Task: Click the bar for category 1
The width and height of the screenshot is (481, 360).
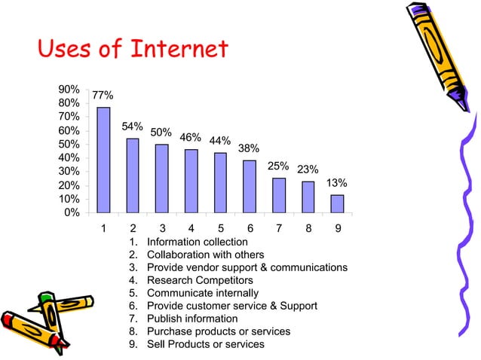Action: pyautogui.click(x=103, y=160)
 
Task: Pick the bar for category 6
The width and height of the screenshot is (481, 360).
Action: pyautogui.click(x=250, y=186)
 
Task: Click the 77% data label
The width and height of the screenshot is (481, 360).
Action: pyautogui.click(x=103, y=96)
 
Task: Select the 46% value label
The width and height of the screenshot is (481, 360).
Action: pyautogui.click(x=190, y=137)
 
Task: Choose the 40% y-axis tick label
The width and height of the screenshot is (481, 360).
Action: pyautogui.click(x=69, y=157)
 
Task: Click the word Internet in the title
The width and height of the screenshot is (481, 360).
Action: pyautogui.click(x=179, y=50)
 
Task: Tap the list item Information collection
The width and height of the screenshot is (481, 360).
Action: pyautogui.click(x=197, y=242)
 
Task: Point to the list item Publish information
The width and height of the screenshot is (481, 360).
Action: pyautogui.click(x=191, y=319)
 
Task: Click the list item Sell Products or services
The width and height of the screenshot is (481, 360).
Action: pyautogui.click(x=205, y=344)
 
